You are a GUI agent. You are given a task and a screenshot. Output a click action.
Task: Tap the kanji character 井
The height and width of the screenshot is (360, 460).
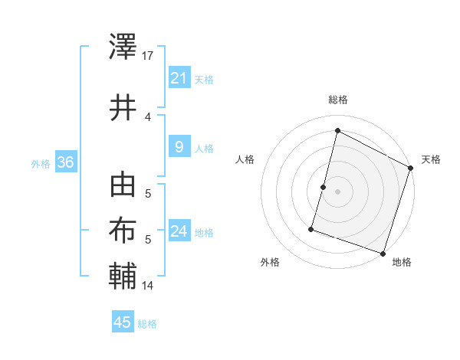coord(123,107)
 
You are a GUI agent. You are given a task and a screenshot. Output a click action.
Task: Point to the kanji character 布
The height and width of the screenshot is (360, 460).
coord(123,231)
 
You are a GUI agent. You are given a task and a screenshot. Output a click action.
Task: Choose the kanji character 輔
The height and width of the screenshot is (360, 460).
coord(123,275)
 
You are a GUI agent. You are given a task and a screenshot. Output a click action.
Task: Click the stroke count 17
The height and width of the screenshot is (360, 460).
coord(148,56)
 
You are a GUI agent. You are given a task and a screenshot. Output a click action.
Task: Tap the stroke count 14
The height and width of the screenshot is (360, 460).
coord(148,286)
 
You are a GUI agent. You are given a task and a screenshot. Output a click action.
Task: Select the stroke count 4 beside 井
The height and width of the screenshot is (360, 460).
coord(148,116)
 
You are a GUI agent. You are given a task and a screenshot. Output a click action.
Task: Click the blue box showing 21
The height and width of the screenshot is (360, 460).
coord(179,77)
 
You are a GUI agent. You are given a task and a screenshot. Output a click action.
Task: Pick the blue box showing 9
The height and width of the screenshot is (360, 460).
coord(179,147)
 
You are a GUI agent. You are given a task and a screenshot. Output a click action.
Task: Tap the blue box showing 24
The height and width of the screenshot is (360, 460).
coord(179,231)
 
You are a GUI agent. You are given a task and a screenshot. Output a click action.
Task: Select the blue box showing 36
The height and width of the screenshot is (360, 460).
coord(65,162)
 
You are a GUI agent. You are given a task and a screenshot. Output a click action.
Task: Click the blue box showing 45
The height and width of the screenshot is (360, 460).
coord(123,322)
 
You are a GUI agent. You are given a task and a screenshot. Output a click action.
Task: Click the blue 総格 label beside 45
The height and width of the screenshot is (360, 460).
coord(147,324)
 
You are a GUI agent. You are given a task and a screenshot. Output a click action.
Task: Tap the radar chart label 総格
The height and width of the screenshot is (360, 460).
coord(337,100)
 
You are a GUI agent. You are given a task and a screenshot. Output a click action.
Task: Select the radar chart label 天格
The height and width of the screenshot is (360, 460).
coord(431,159)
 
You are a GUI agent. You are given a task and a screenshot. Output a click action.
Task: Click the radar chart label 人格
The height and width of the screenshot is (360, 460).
coord(245,159)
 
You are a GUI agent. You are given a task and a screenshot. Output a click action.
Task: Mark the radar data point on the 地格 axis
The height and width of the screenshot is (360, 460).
coord(383,253)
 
